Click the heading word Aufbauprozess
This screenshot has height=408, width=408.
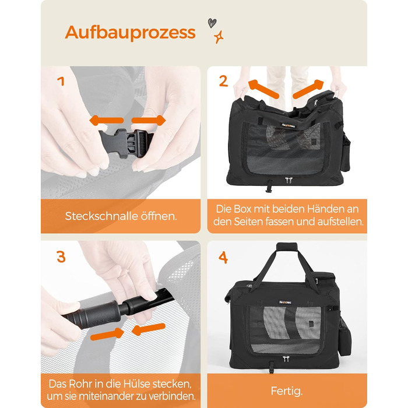tap(130, 33)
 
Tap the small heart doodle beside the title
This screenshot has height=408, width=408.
tap(212, 23)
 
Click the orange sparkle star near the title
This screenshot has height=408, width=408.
tap(219, 37)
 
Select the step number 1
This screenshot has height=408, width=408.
tap(61, 81)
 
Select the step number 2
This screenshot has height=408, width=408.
tap(223, 81)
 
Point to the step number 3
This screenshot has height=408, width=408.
tap(61, 256)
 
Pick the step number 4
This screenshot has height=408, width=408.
tap(223, 258)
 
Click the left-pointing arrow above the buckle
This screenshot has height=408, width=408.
tap(106, 121)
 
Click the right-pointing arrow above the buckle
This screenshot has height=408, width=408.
tap(148, 121)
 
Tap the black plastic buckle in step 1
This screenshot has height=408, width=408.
tap(126, 142)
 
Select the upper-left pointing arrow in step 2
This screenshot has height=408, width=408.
tap(263, 89)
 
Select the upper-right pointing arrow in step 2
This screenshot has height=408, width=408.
tap(308, 89)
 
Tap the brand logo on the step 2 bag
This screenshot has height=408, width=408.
tap(289, 125)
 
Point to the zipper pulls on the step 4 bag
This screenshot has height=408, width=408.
tap(286, 358)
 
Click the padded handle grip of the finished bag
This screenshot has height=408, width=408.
tap(287, 247)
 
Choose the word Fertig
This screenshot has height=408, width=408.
tap(287, 391)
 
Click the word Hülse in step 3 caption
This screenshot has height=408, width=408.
tap(137, 384)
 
